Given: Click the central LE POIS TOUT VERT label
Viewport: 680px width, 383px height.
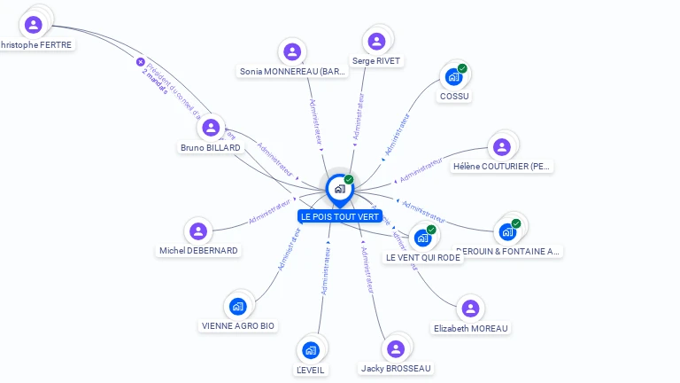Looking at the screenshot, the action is click(x=339, y=216).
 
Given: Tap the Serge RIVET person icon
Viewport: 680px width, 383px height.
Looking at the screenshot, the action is click(x=376, y=42).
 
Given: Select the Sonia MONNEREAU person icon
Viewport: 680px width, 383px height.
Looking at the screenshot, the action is click(x=292, y=51).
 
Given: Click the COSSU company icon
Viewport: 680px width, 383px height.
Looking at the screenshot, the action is click(x=454, y=77).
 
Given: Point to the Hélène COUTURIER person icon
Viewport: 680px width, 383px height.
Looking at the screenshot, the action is click(x=502, y=147).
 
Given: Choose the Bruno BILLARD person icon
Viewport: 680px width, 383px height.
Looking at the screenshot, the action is click(x=211, y=128).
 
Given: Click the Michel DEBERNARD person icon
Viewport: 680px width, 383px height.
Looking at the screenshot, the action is click(x=198, y=231).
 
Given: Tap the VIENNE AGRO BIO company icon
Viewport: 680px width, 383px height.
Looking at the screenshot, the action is click(x=237, y=307).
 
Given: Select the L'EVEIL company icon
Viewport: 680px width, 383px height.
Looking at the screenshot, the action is click(x=310, y=350).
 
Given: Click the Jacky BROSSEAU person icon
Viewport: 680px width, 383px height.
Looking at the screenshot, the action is click(x=396, y=349).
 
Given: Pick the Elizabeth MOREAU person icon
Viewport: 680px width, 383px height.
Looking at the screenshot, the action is click(x=470, y=309).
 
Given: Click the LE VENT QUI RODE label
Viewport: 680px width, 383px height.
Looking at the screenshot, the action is click(x=423, y=257).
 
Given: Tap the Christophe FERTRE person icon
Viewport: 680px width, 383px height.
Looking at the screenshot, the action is click(x=34, y=25).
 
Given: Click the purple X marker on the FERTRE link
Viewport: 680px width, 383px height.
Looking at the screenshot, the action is click(x=140, y=62).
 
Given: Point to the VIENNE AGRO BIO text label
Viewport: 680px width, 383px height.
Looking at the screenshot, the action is click(x=238, y=325).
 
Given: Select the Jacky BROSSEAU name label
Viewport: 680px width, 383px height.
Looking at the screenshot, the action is click(x=396, y=368).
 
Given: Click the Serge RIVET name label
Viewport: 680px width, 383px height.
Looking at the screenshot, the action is click(x=376, y=61).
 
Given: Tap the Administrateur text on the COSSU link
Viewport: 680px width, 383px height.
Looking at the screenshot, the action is click(x=397, y=134).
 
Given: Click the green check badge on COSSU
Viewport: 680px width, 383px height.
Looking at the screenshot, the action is click(x=462, y=68).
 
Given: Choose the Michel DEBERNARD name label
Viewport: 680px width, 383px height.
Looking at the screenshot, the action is click(x=198, y=250).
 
